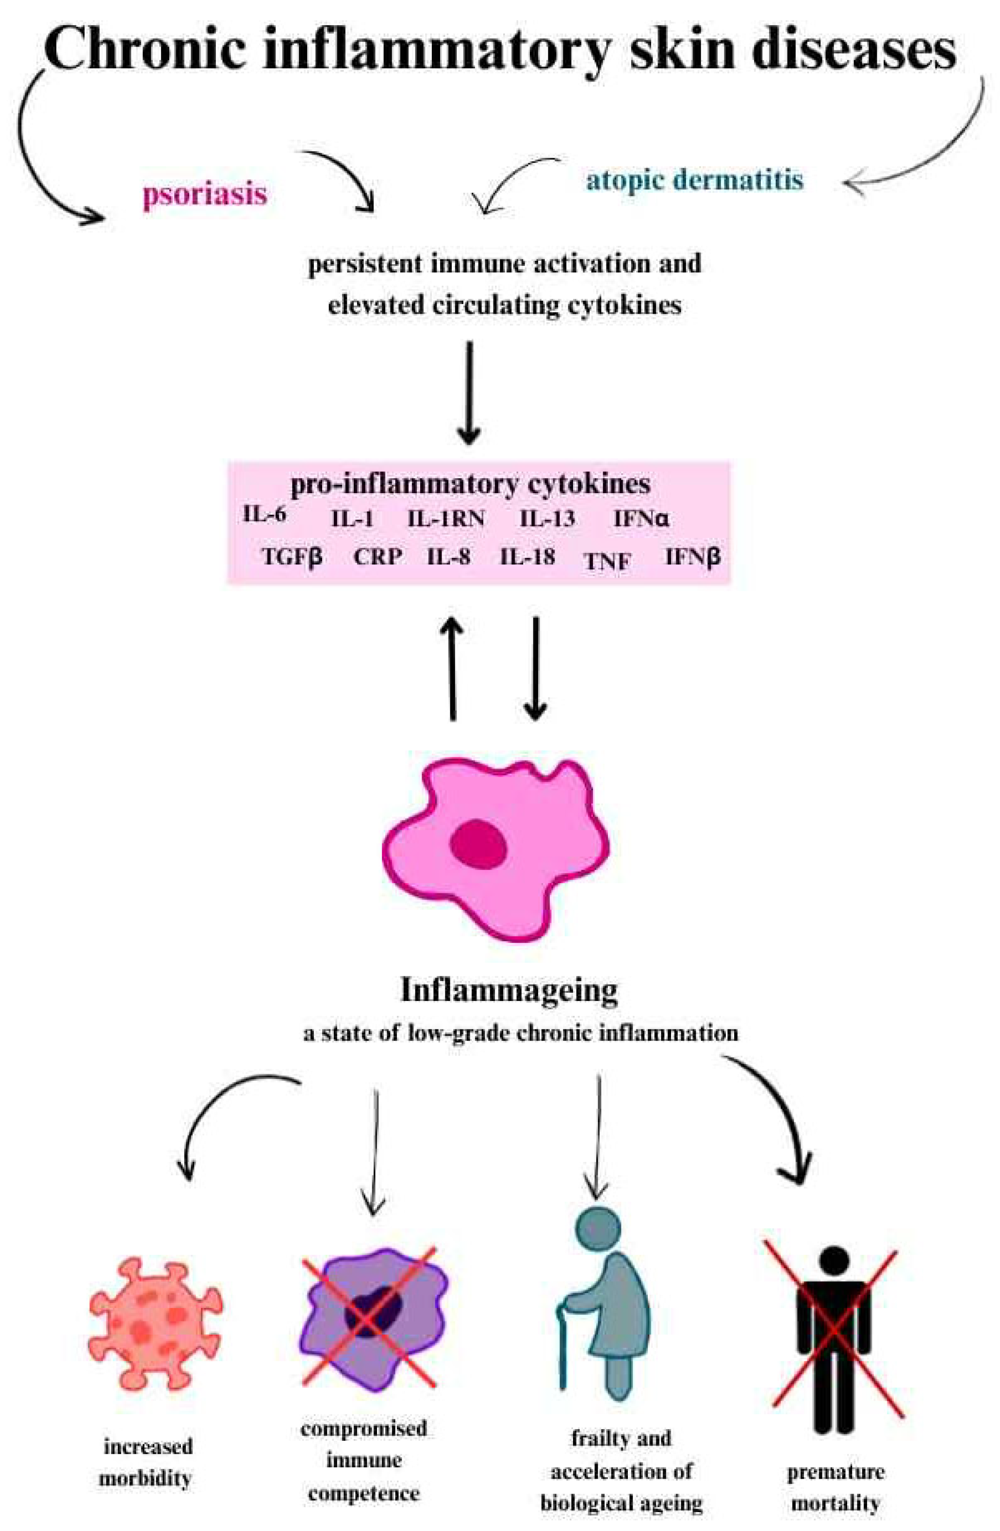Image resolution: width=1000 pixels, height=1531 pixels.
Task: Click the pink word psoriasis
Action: coord(205,193)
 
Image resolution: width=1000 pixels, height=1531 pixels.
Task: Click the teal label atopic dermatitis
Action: coord(694,179)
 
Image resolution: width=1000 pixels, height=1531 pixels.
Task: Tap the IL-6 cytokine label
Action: coord(264,514)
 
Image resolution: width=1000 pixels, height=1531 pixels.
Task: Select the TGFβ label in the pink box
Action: coord(292,556)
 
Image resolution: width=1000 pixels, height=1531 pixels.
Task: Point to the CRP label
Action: coord(378,556)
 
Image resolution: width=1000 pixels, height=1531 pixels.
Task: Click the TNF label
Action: coord(607,562)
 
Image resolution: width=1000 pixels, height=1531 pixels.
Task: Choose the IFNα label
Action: coord(641,518)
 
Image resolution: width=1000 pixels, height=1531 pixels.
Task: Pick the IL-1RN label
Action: coord(446,518)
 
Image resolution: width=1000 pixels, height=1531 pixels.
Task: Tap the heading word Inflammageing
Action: coord(508,991)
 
